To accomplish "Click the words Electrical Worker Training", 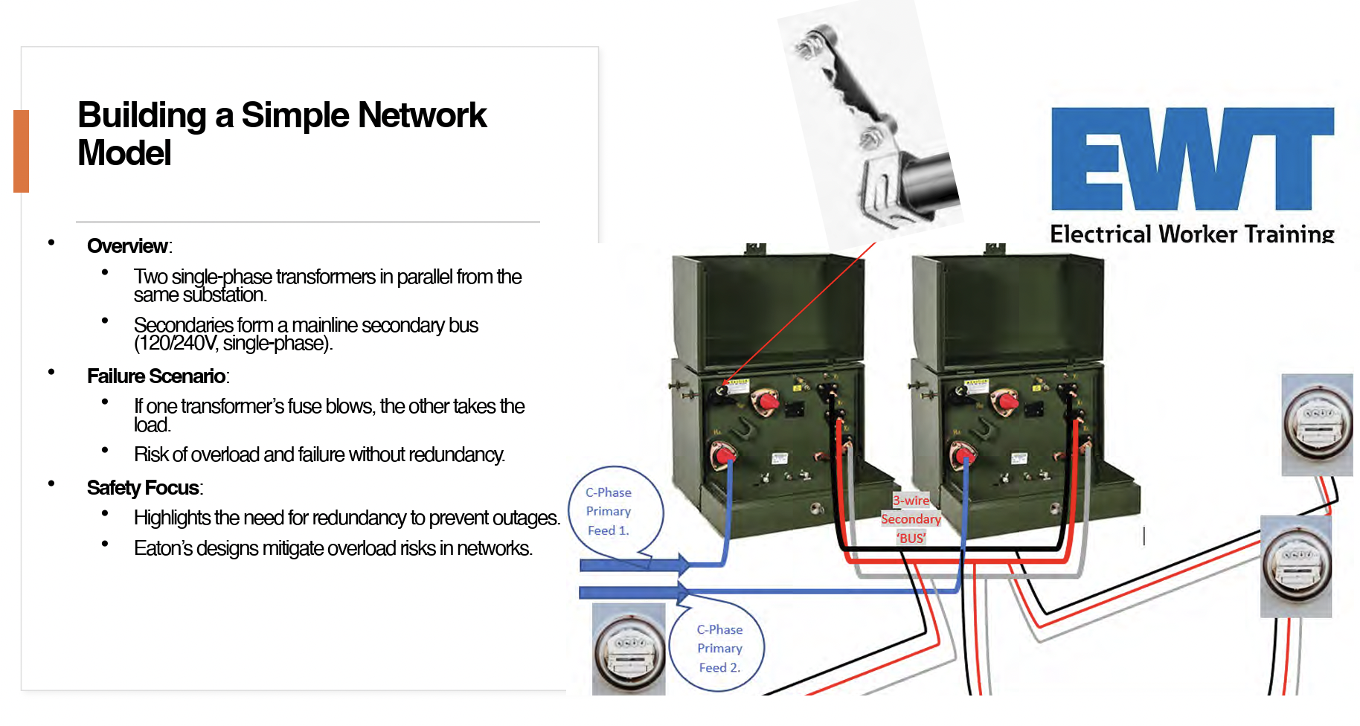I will [x=1191, y=234].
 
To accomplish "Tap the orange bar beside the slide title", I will [x=21, y=151].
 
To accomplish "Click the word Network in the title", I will [x=422, y=115].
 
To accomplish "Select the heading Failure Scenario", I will [x=156, y=376].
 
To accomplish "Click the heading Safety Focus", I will [x=143, y=488].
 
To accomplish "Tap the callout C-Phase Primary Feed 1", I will [x=609, y=511].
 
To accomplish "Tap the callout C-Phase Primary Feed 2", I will [x=719, y=648].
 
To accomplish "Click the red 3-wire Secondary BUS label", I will [x=911, y=519].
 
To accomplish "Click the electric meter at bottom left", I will [x=629, y=649].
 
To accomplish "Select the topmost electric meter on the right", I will [x=1316, y=425].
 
